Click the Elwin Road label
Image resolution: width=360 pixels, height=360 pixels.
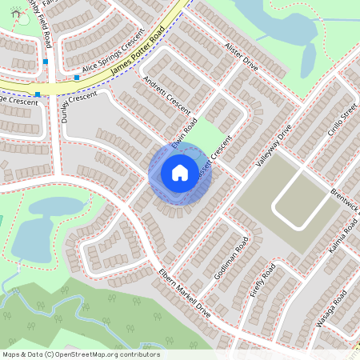185,133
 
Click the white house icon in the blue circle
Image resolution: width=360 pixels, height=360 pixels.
180,173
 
